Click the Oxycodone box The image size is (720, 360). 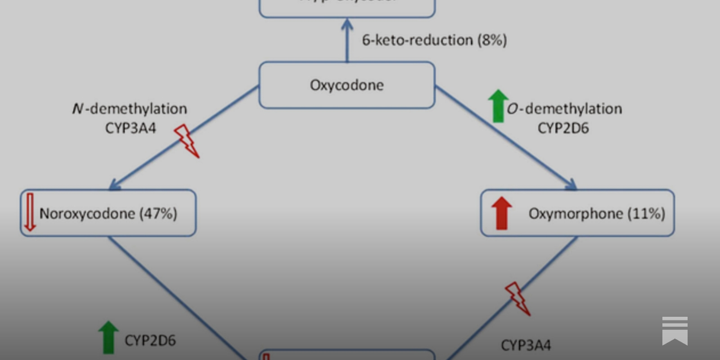coord(346,85)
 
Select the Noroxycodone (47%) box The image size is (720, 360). coord(108,213)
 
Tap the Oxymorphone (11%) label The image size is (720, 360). coord(596,213)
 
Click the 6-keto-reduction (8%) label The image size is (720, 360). coord(434,40)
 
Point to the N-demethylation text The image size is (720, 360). coord(130,109)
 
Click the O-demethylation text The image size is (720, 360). coord(564,109)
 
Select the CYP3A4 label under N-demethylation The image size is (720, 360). coord(130,128)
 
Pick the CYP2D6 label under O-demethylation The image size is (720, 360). coord(563,128)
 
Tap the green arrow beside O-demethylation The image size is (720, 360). coord(498,106)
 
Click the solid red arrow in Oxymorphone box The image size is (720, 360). coord(501,213)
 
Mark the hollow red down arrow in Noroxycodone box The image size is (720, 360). coord(30,212)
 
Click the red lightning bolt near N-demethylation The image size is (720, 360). coord(186,141)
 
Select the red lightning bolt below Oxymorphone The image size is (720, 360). coord(517,298)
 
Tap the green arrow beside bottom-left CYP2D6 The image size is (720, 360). coord(108,337)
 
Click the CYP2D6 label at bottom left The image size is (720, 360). coord(150,341)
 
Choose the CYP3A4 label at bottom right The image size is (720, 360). coord(526,345)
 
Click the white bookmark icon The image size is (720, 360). coord(675,331)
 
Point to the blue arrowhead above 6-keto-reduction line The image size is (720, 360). coord(347,25)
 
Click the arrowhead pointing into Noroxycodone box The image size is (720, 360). coord(114,184)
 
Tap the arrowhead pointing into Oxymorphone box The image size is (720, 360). coord(571,184)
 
